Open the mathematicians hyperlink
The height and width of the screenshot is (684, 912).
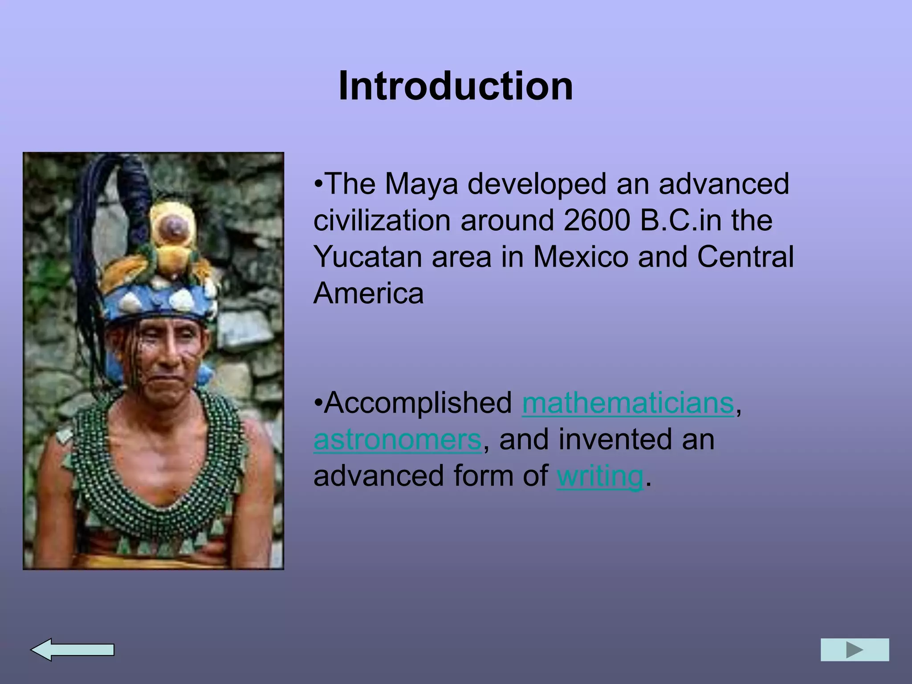click(x=627, y=403)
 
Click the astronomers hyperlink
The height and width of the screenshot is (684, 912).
click(x=397, y=439)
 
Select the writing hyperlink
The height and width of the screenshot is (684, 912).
click(x=599, y=476)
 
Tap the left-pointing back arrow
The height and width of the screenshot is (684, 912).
click(x=72, y=650)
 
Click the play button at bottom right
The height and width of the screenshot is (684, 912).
click(x=855, y=650)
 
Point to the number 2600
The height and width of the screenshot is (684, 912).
click(x=597, y=220)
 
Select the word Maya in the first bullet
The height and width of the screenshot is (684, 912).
click(x=421, y=183)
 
